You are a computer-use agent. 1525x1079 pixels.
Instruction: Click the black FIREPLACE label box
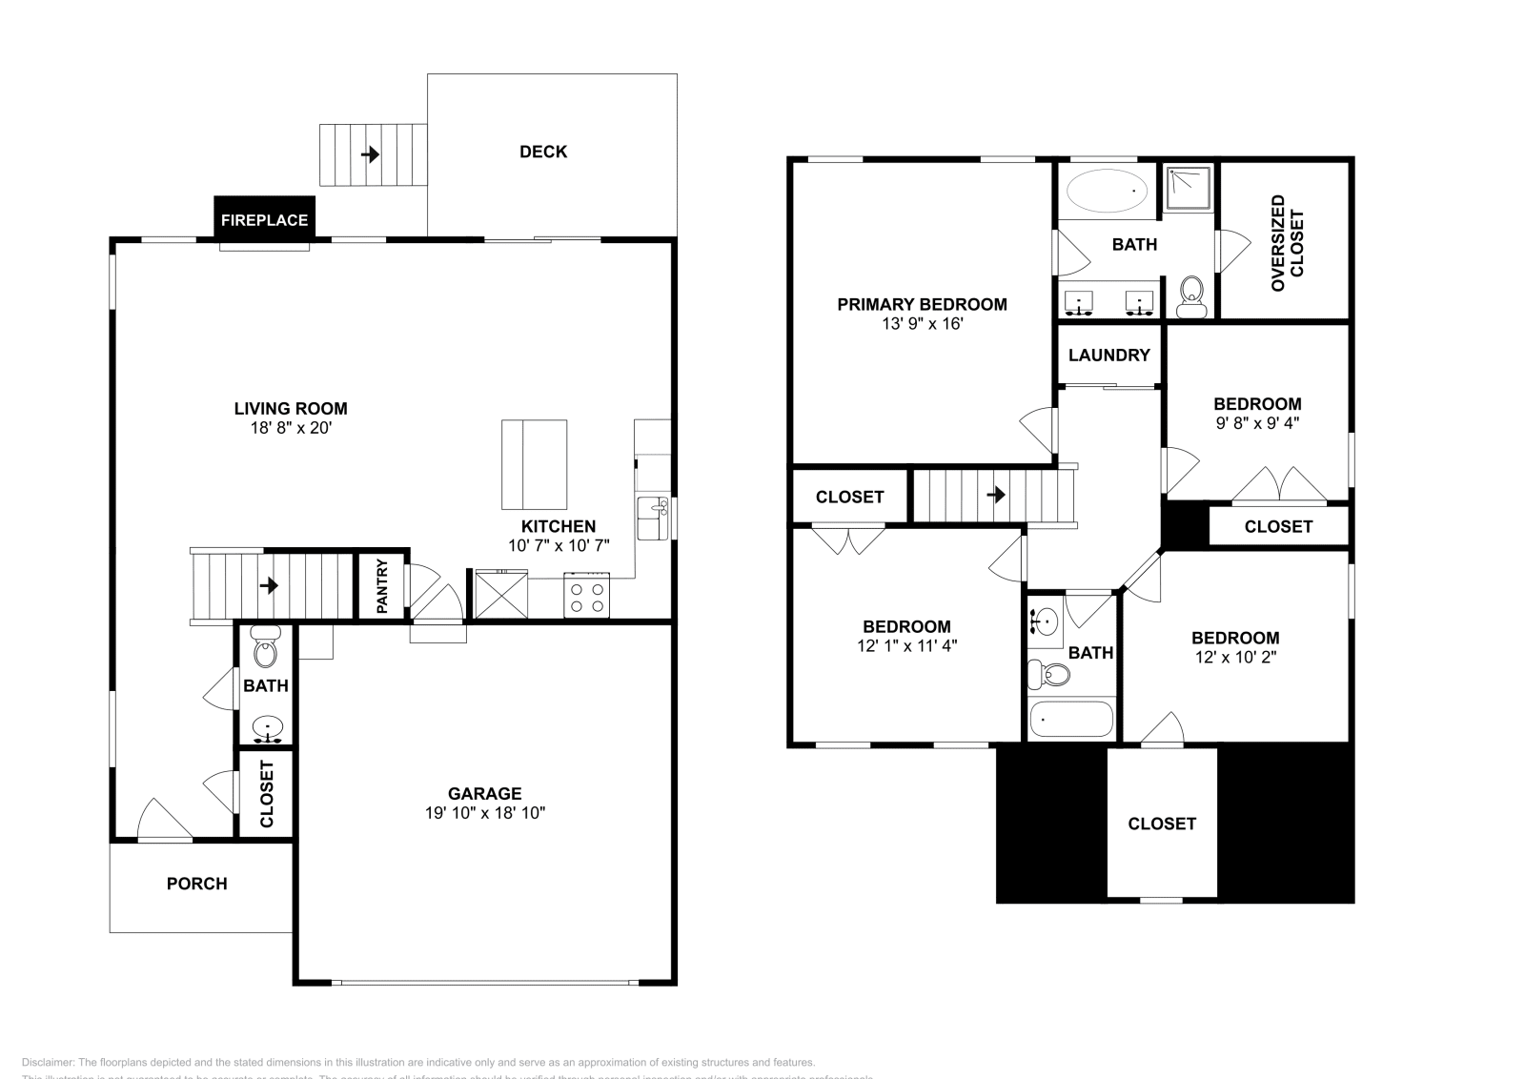(x=264, y=220)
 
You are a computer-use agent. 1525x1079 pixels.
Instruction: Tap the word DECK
(x=543, y=152)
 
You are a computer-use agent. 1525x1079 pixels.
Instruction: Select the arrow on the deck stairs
(x=370, y=153)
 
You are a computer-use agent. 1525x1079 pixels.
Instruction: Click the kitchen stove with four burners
(x=586, y=597)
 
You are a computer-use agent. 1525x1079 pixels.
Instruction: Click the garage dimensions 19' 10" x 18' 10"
(x=485, y=813)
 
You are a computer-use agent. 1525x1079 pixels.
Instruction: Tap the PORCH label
(x=196, y=884)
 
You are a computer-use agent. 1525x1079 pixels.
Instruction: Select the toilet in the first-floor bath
(x=265, y=649)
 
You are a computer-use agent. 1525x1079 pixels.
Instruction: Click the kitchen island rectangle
(x=534, y=464)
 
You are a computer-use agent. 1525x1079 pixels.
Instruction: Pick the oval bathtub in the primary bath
(x=1107, y=191)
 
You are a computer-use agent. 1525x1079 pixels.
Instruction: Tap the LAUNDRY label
(x=1108, y=355)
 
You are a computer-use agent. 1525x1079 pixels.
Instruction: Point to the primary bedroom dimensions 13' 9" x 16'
(x=922, y=324)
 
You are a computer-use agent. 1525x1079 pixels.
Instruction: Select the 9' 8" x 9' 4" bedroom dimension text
(x=1257, y=422)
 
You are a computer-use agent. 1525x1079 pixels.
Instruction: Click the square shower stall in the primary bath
(x=1189, y=187)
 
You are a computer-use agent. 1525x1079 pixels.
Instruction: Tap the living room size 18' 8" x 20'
(x=290, y=428)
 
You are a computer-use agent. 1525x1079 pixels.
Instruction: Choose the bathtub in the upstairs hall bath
(x=1071, y=720)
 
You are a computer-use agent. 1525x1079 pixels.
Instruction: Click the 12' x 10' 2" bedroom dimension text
(x=1235, y=657)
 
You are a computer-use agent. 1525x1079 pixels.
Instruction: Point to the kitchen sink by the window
(x=653, y=518)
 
